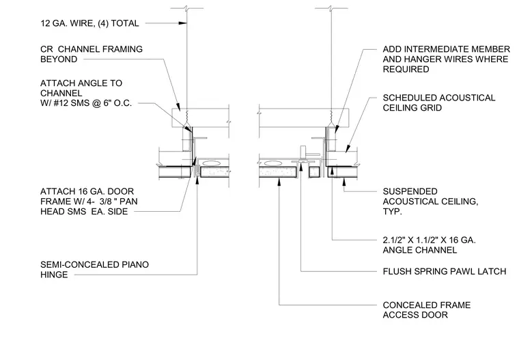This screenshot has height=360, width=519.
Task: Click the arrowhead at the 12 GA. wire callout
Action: click(x=183, y=23)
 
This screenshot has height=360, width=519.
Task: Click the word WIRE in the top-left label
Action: click(x=82, y=23)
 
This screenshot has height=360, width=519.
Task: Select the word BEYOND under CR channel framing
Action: click(x=59, y=59)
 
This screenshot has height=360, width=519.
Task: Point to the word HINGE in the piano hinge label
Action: click(x=54, y=275)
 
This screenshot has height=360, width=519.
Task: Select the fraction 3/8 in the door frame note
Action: click(x=107, y=202)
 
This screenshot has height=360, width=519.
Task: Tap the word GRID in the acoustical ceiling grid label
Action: click(x=432, y=108)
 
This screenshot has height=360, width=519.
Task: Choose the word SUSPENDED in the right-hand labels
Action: click(x=410, y=191)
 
